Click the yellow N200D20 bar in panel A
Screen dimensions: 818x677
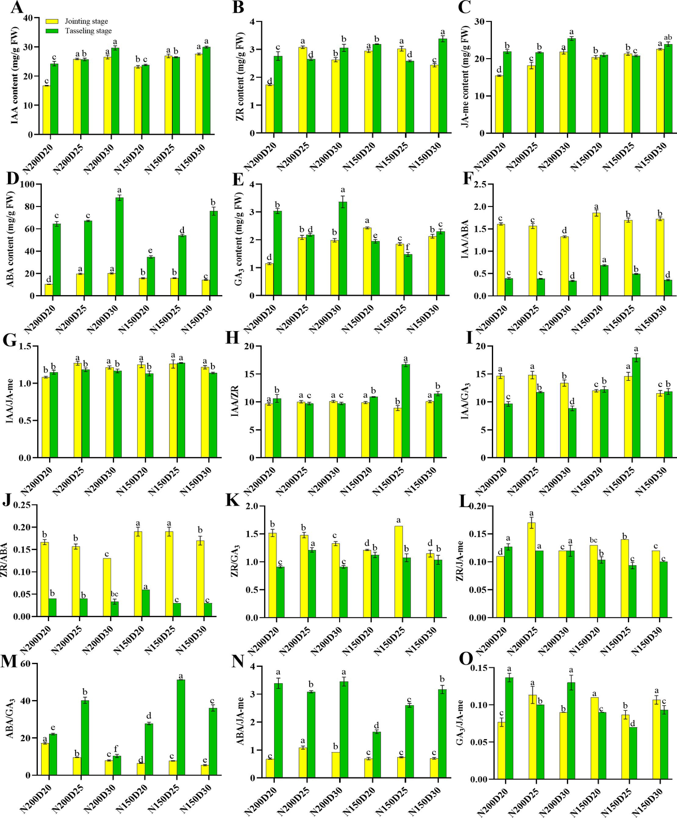click(x=46, y=110)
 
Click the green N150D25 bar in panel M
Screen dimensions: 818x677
click(x=181, y=728)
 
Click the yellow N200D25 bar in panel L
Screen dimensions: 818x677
click(x=531, y=570)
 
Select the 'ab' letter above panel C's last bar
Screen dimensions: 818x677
click(x=669, y=37)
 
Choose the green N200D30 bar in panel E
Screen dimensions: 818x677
click(x=342, y=249)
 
